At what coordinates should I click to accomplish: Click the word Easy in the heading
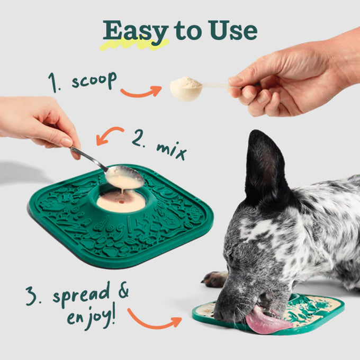(136, 32)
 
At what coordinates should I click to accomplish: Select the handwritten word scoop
(94, 80)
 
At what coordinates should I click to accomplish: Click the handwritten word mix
(172, 150)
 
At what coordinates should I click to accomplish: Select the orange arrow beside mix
(109, 135)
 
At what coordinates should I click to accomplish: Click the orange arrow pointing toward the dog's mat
(154, 319)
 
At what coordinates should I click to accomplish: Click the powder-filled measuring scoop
(186, 89)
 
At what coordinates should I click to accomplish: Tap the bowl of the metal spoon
(125, 177)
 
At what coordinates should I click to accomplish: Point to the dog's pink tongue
(266, 321)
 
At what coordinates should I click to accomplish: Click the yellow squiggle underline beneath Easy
(135, 44)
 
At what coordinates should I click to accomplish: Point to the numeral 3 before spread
(31, 296)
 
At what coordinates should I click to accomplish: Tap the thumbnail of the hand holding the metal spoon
(67, 141)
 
